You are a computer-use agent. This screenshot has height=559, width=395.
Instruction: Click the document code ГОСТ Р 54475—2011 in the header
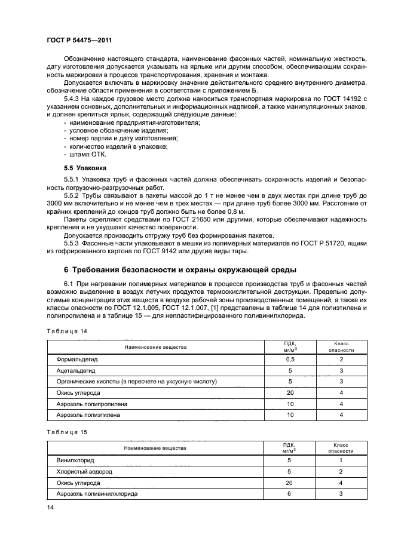coord(79,39)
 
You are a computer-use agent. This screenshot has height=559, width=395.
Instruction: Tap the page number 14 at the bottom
coord(50,507)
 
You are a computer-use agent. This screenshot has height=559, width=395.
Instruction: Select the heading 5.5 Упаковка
coord(85,168)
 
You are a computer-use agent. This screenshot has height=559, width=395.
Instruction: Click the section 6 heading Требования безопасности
coord(179,269)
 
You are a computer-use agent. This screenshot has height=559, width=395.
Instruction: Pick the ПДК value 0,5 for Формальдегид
coord(290,360)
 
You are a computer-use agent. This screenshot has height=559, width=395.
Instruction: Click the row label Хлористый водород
coord(84,471)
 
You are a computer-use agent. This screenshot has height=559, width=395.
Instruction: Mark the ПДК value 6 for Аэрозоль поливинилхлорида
coord(290,494)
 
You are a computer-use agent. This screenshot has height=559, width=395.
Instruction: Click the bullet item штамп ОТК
coord(87,153)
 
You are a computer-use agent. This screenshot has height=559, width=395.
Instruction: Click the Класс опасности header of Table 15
coord(341,447)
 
